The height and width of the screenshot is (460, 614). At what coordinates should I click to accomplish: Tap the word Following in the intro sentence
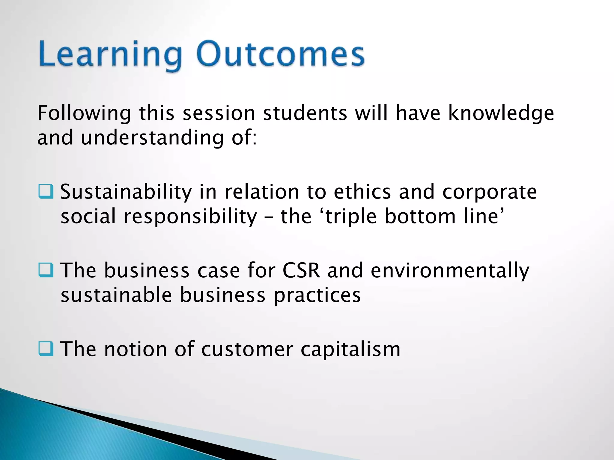(x=84, y=114)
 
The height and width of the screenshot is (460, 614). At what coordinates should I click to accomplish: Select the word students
(x=305, y=114)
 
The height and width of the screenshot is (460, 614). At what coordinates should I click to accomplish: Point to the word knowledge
(x=501, y=114)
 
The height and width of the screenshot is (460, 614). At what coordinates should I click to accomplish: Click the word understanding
(x=152, y=138)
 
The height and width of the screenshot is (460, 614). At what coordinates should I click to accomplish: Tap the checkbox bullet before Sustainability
(x=46, y=192)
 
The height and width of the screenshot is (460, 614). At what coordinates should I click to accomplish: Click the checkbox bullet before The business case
(x=46, y=270)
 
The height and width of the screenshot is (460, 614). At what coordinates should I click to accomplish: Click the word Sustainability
(x=126, y=192)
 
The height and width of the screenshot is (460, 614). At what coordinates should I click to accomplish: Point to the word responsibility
(x=190, y=217)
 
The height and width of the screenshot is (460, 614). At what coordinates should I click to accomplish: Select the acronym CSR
(x=301, y=270)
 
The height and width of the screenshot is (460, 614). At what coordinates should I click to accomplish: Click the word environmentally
(x=450, y=271)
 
